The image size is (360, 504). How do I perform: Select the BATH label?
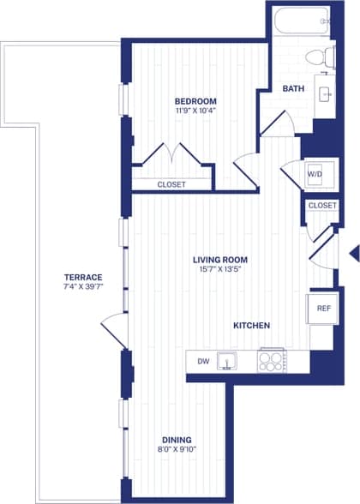tap(292, 87)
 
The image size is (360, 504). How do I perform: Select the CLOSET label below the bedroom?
tap(172, 183)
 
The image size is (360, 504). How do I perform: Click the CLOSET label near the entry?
tap(322, 206)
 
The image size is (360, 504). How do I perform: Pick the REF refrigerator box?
tap(323, 309)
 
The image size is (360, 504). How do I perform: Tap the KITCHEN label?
tap(252, 326)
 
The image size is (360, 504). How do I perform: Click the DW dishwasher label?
tap(203, 362)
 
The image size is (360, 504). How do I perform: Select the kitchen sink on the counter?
tap(227, 361)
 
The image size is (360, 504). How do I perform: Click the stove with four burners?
tap(272, 361)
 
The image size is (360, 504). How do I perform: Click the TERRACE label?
tap(83, 277)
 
